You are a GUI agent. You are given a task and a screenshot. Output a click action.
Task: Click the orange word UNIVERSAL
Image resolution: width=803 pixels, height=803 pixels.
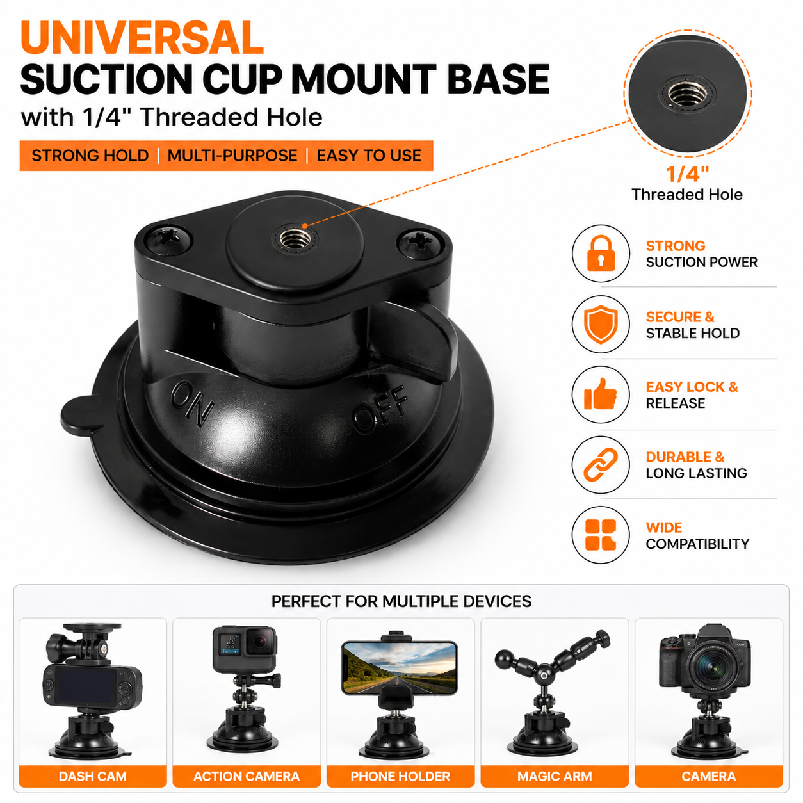tap(142, 38)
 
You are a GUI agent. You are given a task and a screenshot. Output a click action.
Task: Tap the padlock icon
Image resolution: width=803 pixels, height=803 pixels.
tap(601, 253)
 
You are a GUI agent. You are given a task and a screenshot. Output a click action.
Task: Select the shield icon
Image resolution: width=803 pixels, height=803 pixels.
tap(601, 324)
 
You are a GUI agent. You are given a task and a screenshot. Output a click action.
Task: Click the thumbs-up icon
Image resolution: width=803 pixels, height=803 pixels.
tap(601, 394)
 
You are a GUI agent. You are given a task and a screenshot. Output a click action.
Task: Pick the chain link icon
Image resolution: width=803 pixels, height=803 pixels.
tap(601, 464)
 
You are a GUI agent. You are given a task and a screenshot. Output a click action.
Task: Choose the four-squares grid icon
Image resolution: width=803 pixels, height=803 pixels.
tap(601, 535)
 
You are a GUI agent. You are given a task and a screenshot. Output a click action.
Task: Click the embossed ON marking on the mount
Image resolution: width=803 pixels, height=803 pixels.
tap(193, 403)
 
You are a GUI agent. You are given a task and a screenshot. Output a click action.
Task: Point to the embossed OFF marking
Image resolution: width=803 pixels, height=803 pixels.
tap(379, 409)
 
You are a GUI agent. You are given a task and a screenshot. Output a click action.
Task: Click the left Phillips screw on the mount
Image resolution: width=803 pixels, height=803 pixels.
tap(168, 239)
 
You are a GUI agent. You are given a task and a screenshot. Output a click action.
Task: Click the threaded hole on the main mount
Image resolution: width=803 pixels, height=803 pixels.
tap(295, 239)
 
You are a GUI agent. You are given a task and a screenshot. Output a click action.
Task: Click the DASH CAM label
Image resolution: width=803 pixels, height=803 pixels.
tap(92, 776)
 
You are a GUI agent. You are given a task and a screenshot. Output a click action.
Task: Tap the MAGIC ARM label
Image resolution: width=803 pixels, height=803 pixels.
tap(555, 776)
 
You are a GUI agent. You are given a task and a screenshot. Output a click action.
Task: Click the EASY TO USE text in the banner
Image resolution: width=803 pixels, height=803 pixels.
tap(369, 156)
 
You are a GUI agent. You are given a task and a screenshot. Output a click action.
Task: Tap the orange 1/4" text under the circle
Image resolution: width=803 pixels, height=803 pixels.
tap(687, 174)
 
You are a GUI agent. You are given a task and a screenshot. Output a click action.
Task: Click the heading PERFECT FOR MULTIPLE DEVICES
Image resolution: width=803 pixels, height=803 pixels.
tap(401, 601)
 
